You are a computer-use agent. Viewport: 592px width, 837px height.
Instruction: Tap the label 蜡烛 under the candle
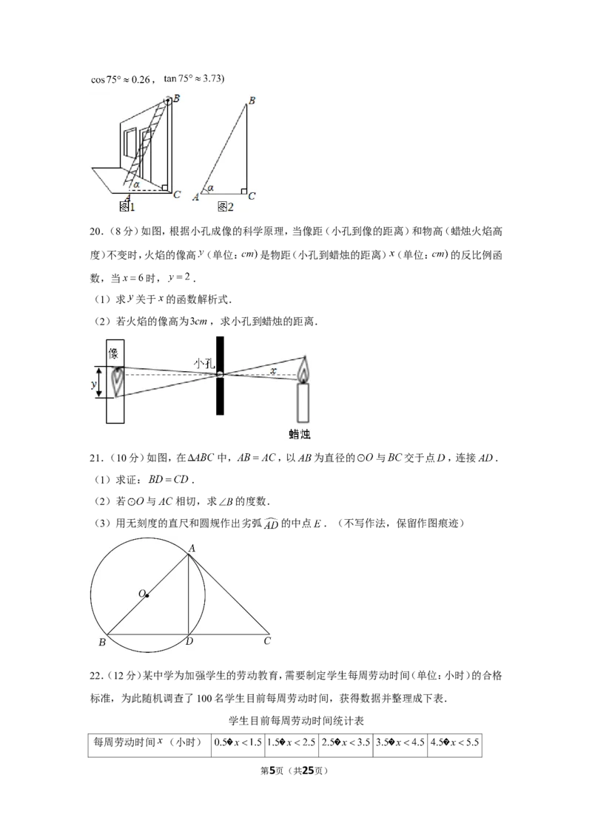click(300, 434)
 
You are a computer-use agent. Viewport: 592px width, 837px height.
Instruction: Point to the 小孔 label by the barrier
click(204, 364)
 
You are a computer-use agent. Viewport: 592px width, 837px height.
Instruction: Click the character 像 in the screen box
click(114, 353)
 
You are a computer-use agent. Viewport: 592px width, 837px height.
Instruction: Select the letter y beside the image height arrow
click(94, 384)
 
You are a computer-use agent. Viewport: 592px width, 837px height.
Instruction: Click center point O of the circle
click(147, 595)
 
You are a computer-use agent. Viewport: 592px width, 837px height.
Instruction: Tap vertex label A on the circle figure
click(192, 548)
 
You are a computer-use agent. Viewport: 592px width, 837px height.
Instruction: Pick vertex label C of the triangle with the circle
click(267, 640)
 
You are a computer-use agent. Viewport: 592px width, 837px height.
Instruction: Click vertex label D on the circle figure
click(189, 641)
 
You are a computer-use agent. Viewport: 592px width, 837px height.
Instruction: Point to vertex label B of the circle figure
click(102, 642)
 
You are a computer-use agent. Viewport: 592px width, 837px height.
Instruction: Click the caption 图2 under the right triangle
click(226, 206)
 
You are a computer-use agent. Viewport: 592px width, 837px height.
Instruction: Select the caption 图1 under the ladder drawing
click(127, 206)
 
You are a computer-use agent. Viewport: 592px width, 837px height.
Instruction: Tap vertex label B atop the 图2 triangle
click(252, 101)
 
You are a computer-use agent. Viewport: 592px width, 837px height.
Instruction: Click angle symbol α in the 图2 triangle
click(210, 188)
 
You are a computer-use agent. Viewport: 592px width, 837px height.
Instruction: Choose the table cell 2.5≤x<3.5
click(346, 742)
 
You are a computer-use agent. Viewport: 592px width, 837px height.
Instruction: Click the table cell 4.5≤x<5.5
click(454, 742)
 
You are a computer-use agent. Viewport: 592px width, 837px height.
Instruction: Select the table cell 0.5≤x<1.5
click(238, 742)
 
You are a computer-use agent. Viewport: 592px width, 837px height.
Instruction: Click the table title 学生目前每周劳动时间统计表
click(296, 721)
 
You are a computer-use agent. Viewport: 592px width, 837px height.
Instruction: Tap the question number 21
click(95, 458)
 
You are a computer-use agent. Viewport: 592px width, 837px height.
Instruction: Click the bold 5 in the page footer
click(272, 770)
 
